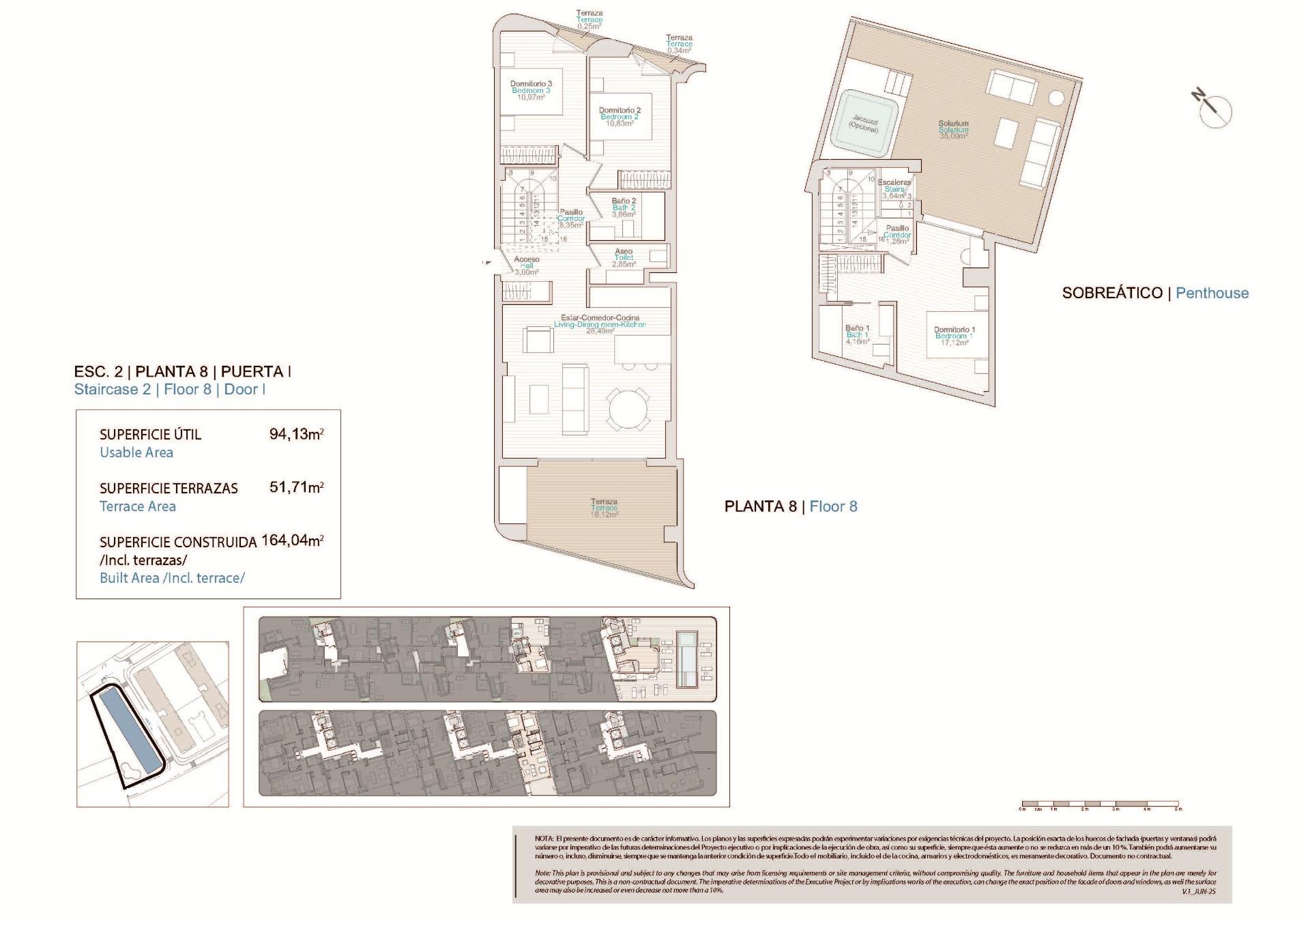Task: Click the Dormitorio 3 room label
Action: (x=531, y=90)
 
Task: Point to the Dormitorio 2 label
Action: (x=620, y=117)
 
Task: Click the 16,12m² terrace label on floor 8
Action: (x=604, y=508)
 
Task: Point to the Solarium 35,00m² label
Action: (x=953, y=130)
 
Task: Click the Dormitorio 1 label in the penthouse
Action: (x=954, y=336)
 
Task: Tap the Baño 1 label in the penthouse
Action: (x=857, y=334)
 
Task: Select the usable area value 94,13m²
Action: (x=296, y=434)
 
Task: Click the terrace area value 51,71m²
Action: (x=296, y=488)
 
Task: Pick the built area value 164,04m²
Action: (x=292, y=541)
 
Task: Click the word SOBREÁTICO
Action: (x=1112, y=293)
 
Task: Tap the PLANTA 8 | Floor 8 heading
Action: (x=790, y=506)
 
